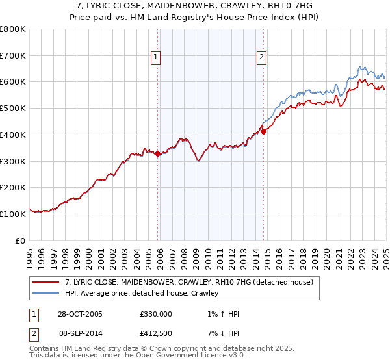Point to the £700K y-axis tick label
(x=13, y=55)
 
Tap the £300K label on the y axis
(x=13, y=161)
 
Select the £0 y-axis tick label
(x=20, y=240)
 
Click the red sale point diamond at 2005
(x=157, y=153)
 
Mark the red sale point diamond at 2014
(x=263, y=131)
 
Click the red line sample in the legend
(x=45, y=282)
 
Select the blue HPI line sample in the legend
(x=45, y=293)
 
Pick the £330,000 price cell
(x=155, y=314)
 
